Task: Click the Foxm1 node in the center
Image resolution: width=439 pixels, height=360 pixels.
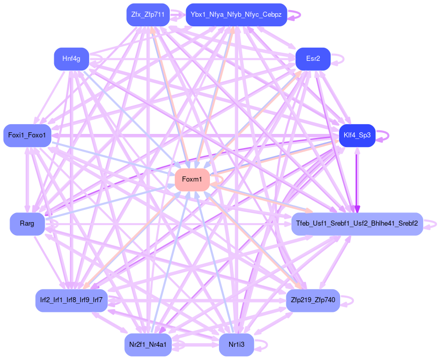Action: (x=192, y=179)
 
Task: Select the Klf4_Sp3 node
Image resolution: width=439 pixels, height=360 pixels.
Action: (x=357, y=135)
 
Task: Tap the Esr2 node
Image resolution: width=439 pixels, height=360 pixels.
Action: (x=313, y=59)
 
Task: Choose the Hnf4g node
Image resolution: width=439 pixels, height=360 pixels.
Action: (x=71, y=59)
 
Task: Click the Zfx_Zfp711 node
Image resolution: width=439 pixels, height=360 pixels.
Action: (x=148, y=15)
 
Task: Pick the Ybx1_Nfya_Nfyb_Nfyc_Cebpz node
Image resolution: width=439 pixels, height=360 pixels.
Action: (x=236, y=15)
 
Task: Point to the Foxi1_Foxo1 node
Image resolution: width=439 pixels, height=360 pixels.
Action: (x=27, y=135)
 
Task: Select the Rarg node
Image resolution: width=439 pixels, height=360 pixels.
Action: (x=27, y=224)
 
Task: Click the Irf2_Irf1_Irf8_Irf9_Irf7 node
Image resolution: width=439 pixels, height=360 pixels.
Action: (x=71, y=300)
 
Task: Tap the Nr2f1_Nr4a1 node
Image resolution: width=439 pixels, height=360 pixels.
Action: (x=148, y=345)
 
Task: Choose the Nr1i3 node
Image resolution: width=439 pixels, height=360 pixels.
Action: (x=236, y=345)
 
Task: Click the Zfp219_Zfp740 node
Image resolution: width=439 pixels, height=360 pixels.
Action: (x=313, y=300)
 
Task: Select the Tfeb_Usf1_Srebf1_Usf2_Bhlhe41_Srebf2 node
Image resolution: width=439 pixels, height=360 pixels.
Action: (x=357, y=224)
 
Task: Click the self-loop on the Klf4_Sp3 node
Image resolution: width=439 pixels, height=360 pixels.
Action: (x=388, y=135)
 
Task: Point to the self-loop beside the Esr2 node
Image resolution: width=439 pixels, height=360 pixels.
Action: (x=343, y=59)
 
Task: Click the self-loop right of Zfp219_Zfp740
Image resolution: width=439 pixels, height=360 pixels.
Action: (x=352, y=300)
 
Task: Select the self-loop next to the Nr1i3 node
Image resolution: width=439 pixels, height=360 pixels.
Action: (x=266, y=345)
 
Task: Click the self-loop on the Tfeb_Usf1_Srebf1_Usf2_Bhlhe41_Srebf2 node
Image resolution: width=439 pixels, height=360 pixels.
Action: (x=435, y=224)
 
